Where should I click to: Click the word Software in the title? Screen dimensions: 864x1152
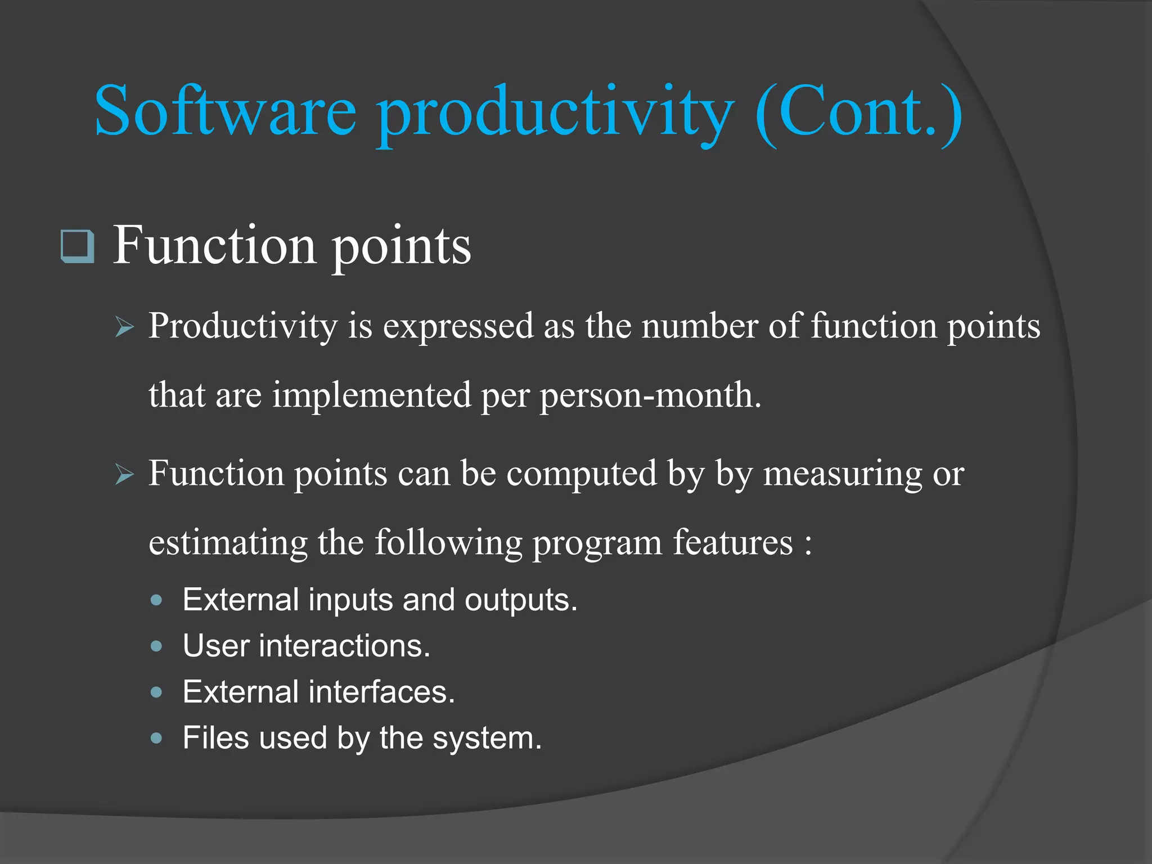[x=225, y=111]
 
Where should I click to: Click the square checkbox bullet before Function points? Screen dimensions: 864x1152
[x=77, y=246]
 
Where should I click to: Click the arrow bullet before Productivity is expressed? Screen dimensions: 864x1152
[x=124, y=327]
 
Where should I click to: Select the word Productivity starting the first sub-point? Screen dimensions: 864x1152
[x=242, y=326]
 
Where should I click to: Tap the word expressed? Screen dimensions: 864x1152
[x=458, y=326]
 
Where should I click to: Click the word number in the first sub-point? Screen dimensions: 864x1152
[x=699, y=326]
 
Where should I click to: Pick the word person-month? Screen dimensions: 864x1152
[x=650, y=395]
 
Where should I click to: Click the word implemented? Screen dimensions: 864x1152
[x=372, y=395]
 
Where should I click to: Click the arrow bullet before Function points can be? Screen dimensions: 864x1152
[x=124, y=474]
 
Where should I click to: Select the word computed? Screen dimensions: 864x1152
[x=582, y=474]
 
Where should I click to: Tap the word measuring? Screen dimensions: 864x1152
[x=842, y=474]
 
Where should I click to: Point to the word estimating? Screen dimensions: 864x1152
[x=228, y=543]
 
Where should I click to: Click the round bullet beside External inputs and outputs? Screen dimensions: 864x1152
[x=157, y=600]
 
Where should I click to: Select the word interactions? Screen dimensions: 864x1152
[x=344, y=646]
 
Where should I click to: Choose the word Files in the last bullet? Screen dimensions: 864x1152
[x=215, y=738]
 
